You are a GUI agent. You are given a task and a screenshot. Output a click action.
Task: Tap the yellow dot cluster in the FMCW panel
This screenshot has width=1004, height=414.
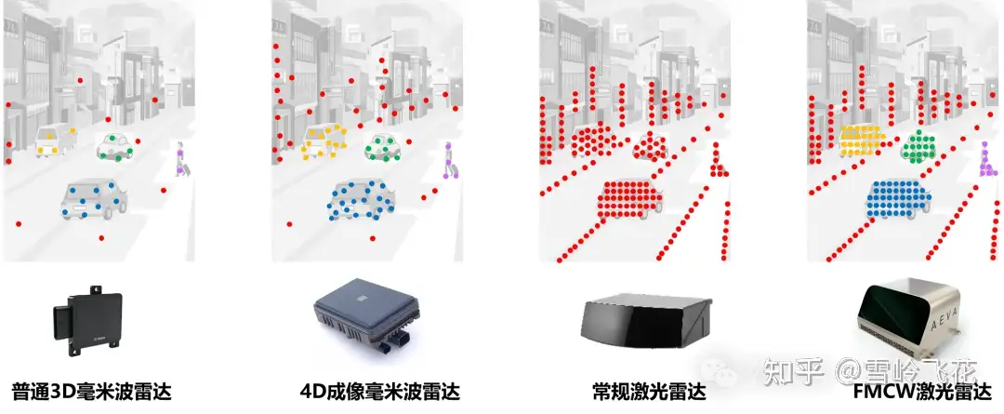click(x=861, y=140)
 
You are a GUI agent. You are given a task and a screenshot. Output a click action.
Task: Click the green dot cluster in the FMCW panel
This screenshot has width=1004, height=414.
click(x=920, y=145)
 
